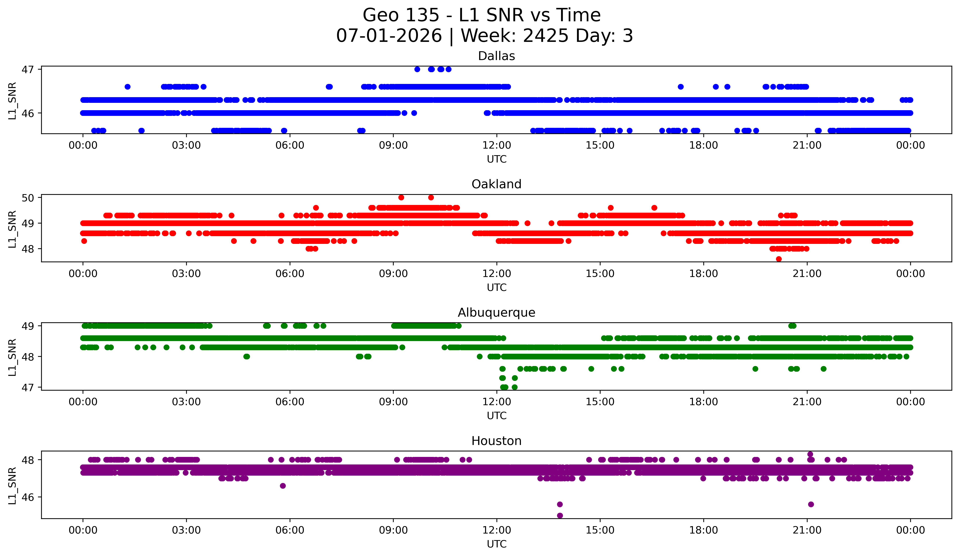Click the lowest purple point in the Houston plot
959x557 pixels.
coord(560,515)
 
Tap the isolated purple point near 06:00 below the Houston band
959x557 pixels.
coord(283,486)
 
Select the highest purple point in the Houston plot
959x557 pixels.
coord(810,454)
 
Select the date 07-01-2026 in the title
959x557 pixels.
coord(389,36)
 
